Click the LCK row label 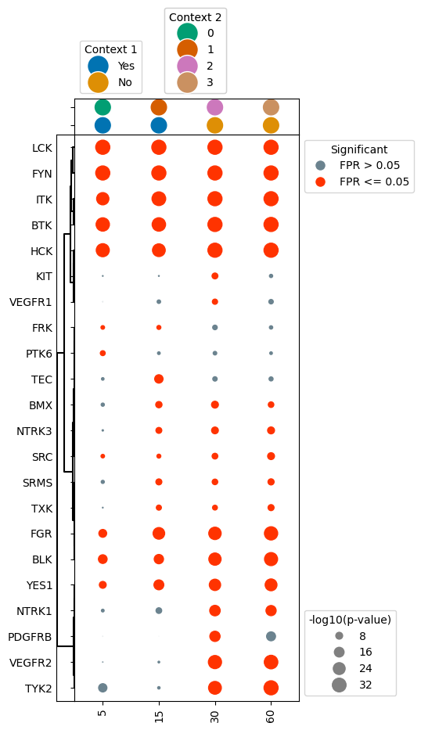[42, 147]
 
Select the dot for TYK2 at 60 [271, 688]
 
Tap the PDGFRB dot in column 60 [271, 636]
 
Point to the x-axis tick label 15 [159, 715]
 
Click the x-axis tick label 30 [214, 715]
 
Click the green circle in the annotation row [103, 107]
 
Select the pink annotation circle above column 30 [214, 107]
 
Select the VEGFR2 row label [31, 663]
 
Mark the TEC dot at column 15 [159, 379]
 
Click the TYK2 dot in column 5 [103, 688]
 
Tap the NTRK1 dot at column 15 [159, 610]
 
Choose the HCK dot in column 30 [214, 250]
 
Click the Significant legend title [358, 149]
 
